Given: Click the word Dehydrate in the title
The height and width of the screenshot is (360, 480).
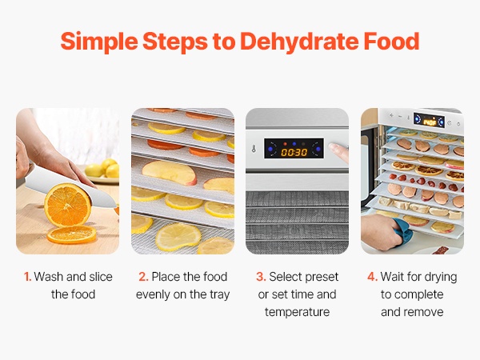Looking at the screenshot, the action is click(x=298, y=42).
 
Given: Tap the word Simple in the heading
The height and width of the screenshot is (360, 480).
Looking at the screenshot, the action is click(x=99, y=42).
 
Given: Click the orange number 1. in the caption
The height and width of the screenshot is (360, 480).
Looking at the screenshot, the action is click(x=27, y=277).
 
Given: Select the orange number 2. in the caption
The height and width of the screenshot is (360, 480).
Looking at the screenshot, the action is click(x=143, y=277).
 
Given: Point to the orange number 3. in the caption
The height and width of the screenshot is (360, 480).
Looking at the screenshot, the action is click(x=261, y=277).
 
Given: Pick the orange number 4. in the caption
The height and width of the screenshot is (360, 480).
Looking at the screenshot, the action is click(x=372, y=277).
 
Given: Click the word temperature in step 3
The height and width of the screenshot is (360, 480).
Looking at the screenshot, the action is click(x=297, y=312).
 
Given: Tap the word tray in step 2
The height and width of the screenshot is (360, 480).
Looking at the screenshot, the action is click(x=219, y=294).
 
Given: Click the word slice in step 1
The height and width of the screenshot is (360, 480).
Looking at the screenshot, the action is click(x=101, y=277).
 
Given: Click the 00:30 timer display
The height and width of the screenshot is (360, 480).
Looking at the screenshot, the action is click(x=294, y=152).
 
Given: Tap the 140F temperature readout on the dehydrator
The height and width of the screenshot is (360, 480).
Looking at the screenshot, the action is click(x=430, y=122).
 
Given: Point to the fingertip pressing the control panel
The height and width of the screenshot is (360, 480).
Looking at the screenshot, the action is click(x=335, y=148).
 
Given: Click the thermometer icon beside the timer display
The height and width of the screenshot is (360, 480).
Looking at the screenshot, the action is click(x=254, y=149).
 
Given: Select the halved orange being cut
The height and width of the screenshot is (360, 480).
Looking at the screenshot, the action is click(x=68, y=205).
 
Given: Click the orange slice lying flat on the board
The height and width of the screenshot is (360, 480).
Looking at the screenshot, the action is click(x=72, y=234).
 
